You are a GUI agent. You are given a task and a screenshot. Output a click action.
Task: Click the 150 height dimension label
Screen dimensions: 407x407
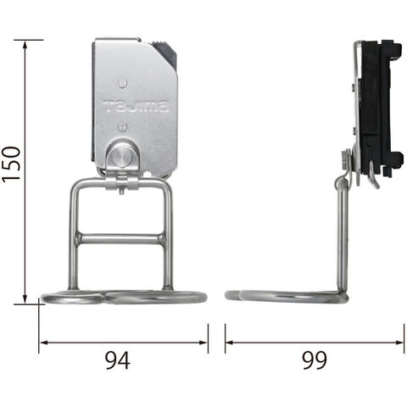tap(11, 164)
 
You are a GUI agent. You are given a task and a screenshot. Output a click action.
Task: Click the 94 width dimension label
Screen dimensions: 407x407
tap(118, 360)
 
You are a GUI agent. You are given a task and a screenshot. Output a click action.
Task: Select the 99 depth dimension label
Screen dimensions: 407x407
tap(315, 360)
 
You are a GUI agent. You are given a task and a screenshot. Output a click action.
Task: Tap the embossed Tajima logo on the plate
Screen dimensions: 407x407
tap(136, 106)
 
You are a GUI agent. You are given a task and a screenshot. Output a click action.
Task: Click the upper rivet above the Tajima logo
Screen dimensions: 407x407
tap(122, 84)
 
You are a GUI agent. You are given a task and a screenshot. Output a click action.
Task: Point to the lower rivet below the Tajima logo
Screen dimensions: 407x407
tap(122, 126)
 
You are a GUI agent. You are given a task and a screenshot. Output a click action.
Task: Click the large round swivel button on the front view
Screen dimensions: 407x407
tap(119, 156)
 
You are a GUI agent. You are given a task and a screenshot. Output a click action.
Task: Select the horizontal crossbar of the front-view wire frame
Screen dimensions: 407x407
tap(120, 239)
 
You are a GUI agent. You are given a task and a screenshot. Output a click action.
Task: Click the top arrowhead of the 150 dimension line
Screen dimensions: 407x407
tap(25, 44)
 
